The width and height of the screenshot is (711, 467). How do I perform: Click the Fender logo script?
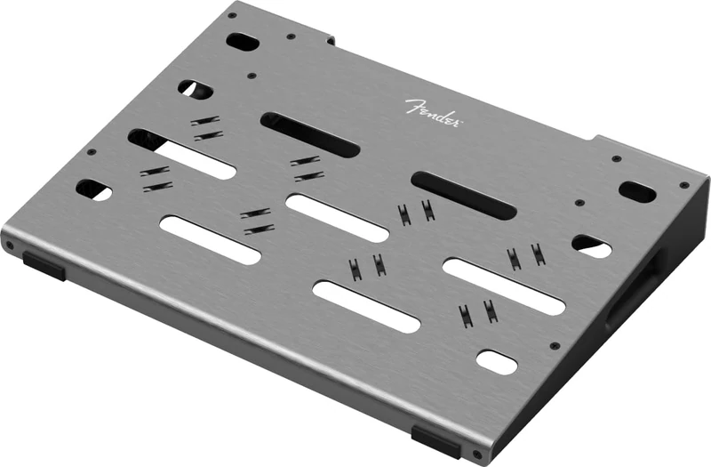[x=433, y=112]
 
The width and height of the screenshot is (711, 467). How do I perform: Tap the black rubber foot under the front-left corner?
[x=44, y=264]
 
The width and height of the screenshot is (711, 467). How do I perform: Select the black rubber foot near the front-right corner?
[x=436, y=441]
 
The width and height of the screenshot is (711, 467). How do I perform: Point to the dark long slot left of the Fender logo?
[x=309, y=135]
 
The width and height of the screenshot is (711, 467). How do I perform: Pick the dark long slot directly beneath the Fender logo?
[x=463, y=196]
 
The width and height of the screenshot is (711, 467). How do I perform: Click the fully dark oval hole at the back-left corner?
[x=241, y=41]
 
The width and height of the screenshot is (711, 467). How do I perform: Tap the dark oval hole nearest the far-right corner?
[x=637, y=191]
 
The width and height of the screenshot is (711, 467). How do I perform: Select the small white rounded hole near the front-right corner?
[x=496, y=361]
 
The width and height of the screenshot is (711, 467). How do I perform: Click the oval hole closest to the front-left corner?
[x=94, y=189]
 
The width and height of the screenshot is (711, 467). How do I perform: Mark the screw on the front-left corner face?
[x=10, y=245]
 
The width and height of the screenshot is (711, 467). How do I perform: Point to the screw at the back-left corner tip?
[x=232, y=15]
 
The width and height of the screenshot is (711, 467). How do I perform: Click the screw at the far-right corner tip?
[x=683, y=185]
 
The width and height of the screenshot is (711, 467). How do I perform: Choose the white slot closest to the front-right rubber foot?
[x=365, y=306]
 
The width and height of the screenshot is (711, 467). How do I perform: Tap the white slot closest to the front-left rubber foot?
[x=210, y=239]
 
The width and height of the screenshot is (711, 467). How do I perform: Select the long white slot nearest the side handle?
[x=503, y=286]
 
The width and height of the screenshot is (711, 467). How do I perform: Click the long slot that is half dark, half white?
[x=181, y=154]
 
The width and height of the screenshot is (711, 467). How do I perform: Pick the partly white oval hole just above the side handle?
[x=591, y=246]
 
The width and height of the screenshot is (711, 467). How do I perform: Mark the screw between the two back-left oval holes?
[x=252, y=76]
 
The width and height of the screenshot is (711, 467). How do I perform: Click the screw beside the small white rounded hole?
[x=554, y=345]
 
